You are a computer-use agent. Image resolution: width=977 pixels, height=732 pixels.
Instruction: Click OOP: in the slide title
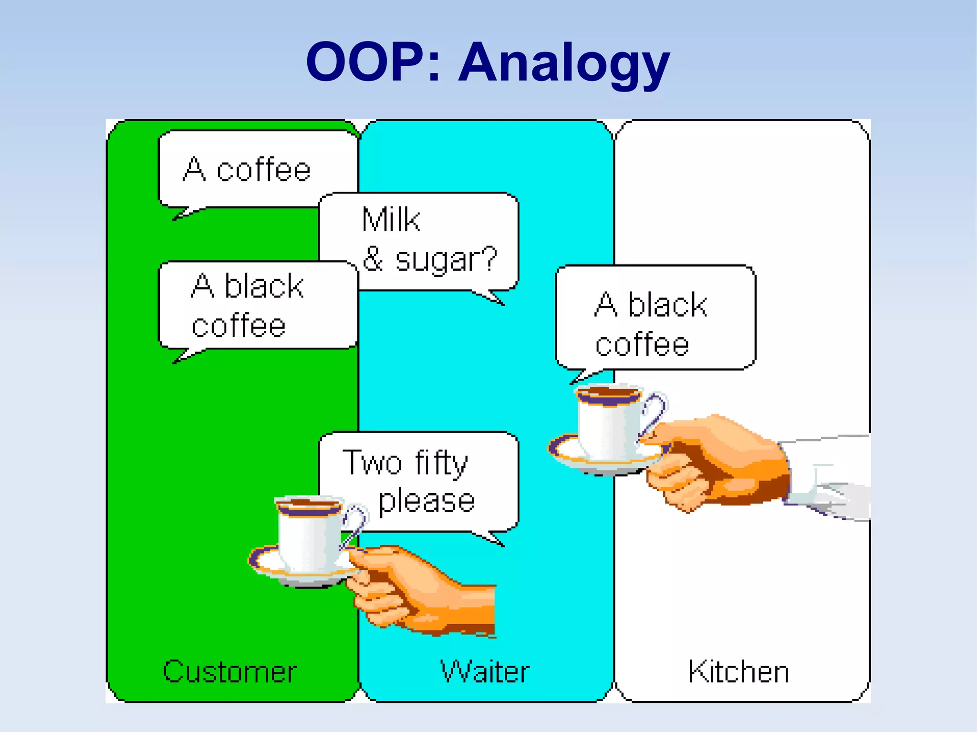coord(372,62)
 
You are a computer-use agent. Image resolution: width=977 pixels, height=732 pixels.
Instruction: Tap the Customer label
coord(230,671)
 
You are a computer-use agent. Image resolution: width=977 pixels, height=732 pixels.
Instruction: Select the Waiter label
coord(485,671)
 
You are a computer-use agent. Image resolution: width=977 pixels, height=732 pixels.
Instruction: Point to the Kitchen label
coord(738,671)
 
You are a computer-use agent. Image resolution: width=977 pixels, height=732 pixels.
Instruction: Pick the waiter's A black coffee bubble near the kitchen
coord(654,320)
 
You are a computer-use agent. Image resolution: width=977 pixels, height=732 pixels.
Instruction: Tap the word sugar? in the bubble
coord(446,260)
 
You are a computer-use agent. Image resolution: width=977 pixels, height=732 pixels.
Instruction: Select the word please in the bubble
coord(426,502)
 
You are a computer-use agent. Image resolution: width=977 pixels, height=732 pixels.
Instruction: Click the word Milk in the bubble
coord(391,220)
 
